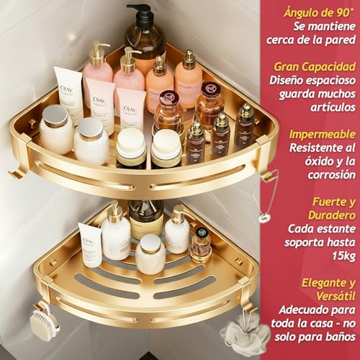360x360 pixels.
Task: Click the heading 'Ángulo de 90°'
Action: pyautogui.click(x=318, y=13)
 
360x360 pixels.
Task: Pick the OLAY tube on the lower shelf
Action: pyautogui.click(x=90, y=245)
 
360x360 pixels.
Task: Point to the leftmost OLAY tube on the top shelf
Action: pyautogui.click(x=70, y=94)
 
